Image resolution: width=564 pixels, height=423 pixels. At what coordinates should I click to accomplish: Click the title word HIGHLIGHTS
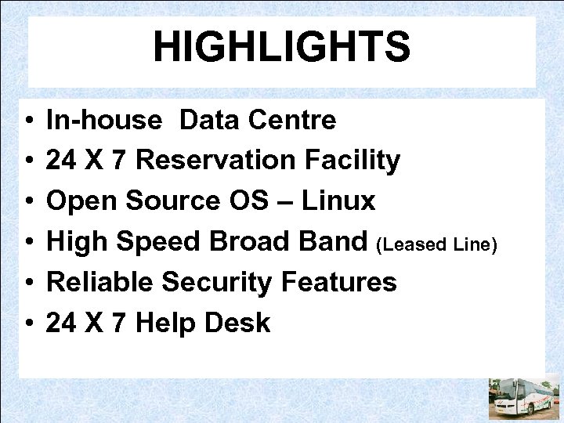(x=281, y=47)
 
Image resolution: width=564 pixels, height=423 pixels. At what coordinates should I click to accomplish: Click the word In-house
(x=104, y=121)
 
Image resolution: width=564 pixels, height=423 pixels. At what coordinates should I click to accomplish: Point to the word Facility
(x=354, y=161)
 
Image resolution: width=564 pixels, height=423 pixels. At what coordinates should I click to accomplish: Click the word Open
(x=78, y=202)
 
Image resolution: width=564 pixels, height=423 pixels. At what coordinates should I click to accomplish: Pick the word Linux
(x=338, y=202)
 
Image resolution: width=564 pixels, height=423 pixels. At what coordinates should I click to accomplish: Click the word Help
(x=162, y=323)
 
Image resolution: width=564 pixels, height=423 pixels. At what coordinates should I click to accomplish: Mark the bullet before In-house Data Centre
(x=27, y=122)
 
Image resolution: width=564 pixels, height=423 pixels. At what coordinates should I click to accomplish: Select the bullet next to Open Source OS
(x=27, y=203)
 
